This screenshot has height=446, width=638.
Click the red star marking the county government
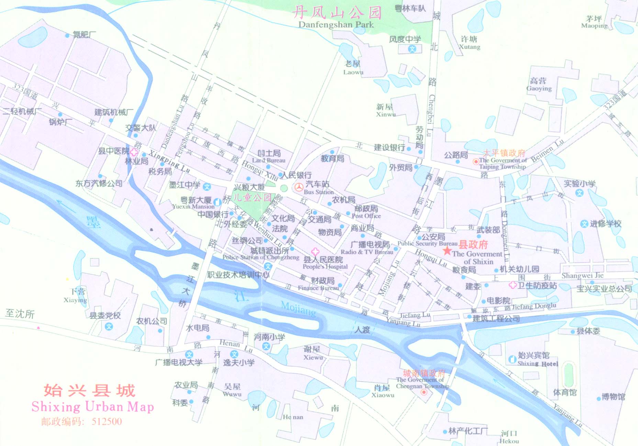(447, 250)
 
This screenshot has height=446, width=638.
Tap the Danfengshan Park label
(336, 25)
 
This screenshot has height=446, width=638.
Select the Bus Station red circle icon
(299, 187)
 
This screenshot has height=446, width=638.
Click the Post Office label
(366, 216)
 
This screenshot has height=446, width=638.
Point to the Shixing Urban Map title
(93, 407)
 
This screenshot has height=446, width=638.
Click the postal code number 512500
(107, 422)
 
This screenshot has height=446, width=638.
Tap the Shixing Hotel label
(538, 363)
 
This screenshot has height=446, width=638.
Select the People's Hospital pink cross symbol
(315, 252)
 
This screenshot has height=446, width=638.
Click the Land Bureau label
(269, 160)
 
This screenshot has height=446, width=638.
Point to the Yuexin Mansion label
(193, 207)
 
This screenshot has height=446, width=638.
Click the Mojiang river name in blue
(298, 308)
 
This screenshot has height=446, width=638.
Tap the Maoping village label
(594, 26)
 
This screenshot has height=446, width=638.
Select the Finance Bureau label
(318, 288)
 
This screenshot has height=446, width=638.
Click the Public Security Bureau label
(427, 243)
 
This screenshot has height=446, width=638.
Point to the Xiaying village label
(75, 300)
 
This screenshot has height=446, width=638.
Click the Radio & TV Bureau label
(367, 252)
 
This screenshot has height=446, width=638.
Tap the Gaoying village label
(539, 88)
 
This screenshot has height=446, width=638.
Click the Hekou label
(509, 441)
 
